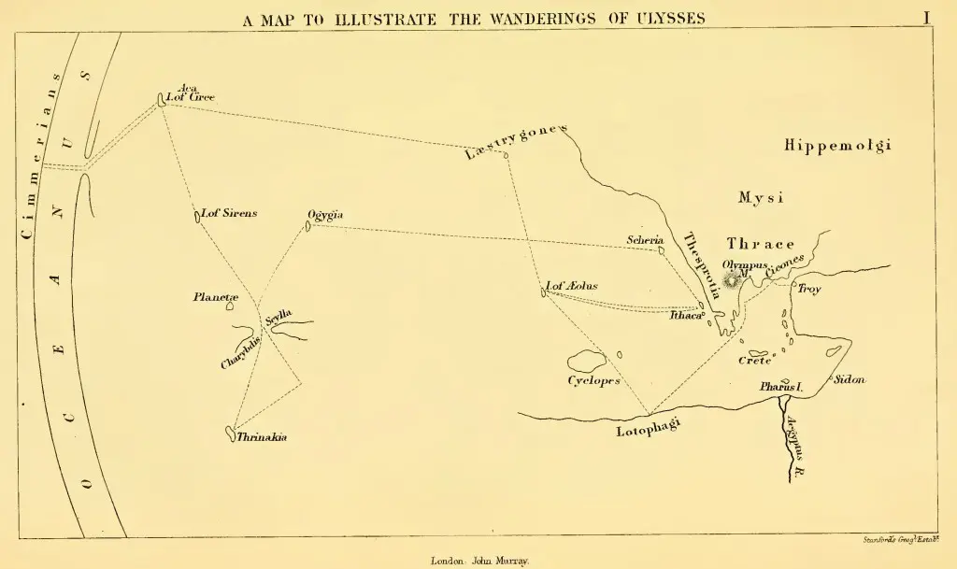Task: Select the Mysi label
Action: (x=760, y=198)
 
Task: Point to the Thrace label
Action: (x=761, y=244)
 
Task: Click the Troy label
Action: (x=808, y=290)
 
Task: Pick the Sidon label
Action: (x=849, y=379)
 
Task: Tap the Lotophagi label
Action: (x=648, y=429)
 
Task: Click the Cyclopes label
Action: (x=593, y=381)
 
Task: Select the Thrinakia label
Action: (x=262, y=436)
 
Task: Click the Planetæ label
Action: (x=216, y=297)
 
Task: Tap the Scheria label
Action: (x=645, y=240)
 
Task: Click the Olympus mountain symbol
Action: (x=731, y=278)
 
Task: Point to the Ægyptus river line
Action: (x=783, y=439)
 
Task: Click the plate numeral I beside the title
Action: (x=926, y=17)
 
